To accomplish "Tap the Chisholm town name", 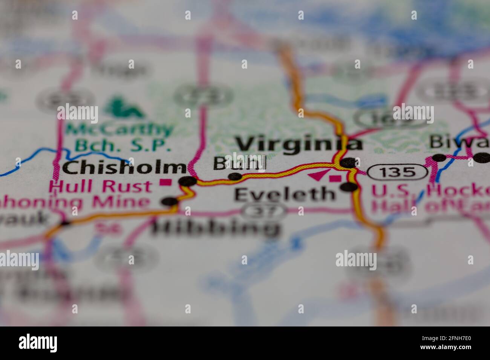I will point(124,168).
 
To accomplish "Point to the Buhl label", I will point(239,163).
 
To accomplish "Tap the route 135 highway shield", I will point(398,172).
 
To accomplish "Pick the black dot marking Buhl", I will point(235,176).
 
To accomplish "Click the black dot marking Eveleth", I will point(350,187).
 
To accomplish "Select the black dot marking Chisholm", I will point(188,181).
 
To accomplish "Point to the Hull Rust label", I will point(101,186).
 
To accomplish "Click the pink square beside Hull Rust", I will point(164,183).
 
